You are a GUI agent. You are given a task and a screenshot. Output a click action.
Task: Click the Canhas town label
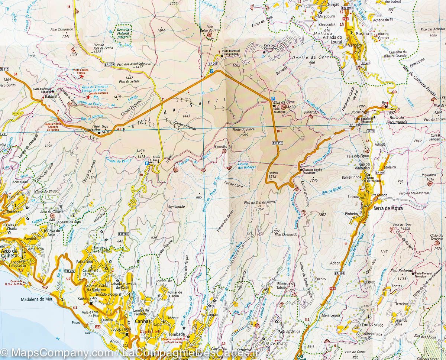click(x=143, y=321)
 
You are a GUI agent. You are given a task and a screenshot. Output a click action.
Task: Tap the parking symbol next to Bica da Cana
click(x=273, y=98)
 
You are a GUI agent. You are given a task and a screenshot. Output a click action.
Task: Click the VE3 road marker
click(x=98, y=327)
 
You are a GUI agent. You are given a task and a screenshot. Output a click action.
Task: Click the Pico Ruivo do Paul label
click(x=210, y=30)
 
